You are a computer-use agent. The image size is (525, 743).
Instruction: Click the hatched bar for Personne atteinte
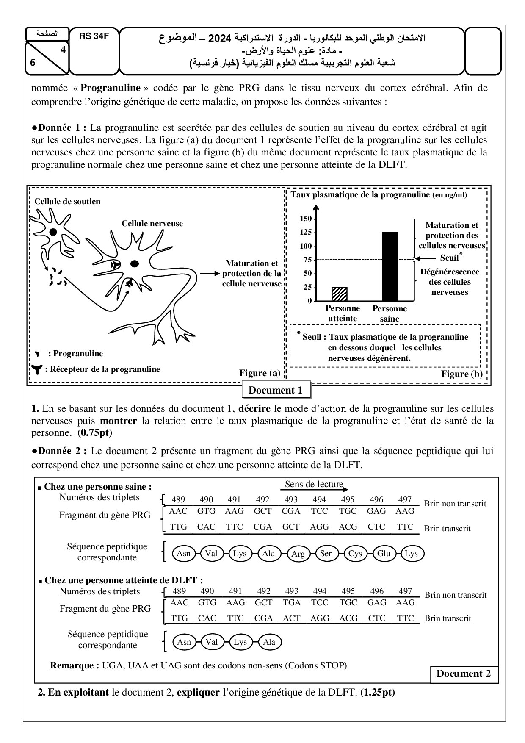pos(340,294)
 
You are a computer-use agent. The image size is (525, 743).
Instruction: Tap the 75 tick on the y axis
pos(308,260)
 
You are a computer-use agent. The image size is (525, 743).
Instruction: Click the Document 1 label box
pos(276,390)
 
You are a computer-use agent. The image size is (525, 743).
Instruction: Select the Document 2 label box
pos(464,674)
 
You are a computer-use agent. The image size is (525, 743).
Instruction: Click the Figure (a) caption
pos(260,373)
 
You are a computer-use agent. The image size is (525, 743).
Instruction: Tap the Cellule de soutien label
pos(68,202)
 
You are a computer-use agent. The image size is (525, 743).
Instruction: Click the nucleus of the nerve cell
pos(134,263)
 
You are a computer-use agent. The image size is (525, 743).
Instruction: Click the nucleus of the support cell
pos(53,232)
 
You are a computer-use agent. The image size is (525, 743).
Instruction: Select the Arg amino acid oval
pos(298,554)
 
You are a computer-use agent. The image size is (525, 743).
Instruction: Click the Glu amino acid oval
pos(384,554)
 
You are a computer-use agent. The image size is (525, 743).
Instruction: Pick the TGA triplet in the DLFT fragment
pos(292,602)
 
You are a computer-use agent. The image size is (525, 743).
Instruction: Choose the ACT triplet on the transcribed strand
pos(292,618)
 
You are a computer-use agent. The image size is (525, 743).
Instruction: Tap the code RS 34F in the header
pos(94,36)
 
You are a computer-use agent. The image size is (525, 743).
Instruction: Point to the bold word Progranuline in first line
pos(111,88)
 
